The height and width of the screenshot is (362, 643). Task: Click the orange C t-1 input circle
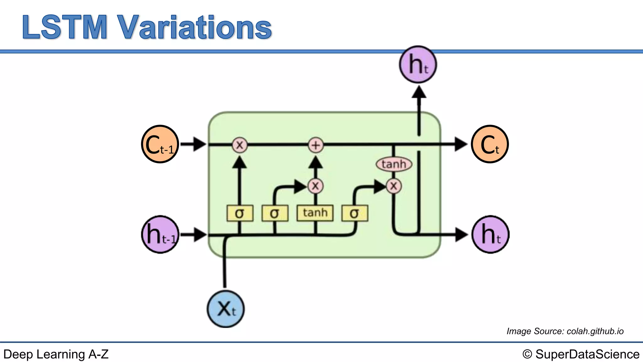tap(160, 144)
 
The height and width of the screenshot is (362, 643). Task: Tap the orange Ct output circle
tap(490, 144)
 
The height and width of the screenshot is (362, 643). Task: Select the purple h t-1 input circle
tap(160, 234)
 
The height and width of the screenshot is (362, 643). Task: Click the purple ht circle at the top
tap(418, 64)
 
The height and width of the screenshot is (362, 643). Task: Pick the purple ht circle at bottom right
tap(490, 234)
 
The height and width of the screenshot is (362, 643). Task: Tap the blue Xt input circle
tap(225, 309)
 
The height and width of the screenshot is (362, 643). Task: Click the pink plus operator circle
tap(316, 145)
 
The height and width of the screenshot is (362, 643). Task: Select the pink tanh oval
tap(394, 164)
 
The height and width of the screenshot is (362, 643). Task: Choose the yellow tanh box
tap(315, 213)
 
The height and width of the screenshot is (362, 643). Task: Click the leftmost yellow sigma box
tap(240, 213)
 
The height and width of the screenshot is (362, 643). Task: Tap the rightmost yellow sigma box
tap(354, 213)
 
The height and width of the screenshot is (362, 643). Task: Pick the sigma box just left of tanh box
tap(275, 213)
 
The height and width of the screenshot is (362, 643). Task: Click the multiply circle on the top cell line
tap(240, 145)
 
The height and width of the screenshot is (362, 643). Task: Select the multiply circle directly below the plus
tap(316, 186)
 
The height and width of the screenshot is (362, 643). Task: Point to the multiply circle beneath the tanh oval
tap(394, 186)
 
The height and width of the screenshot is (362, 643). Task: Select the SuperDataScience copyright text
tap(581, 354)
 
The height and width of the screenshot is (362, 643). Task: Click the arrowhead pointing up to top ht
tap(419, 92)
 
